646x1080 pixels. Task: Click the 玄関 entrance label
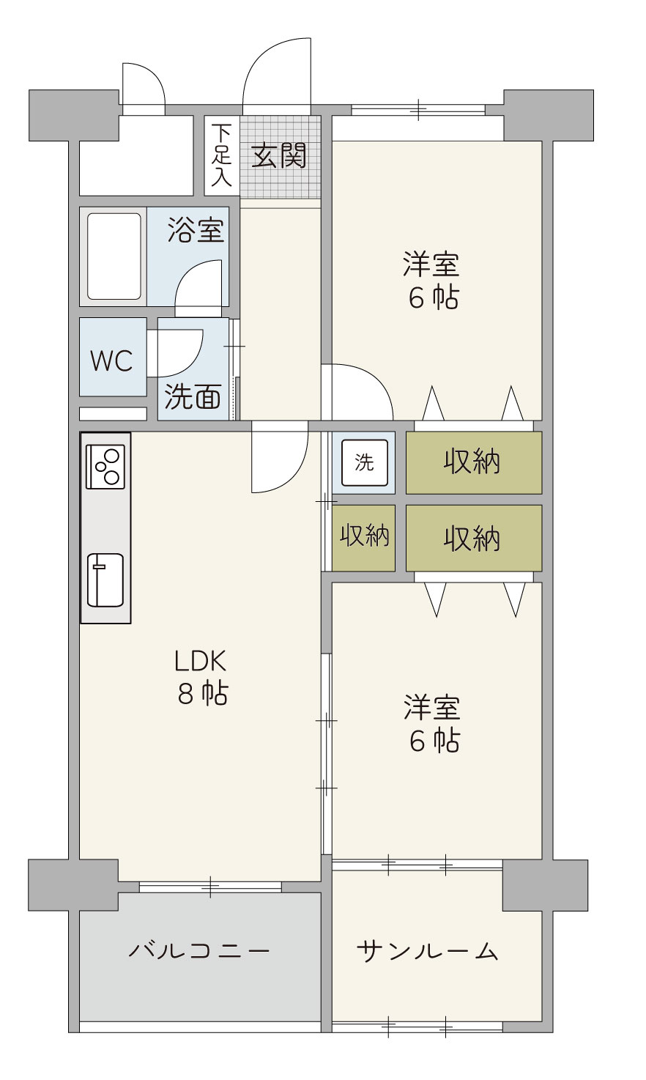pyautogui.click(x=278, y=156)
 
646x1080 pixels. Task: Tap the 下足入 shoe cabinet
pyautogui.click(x=222, y=156)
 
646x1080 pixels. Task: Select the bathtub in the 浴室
pyautogui.click(x=114, y=256)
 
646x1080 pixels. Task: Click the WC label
pyautogui.click(x=112, y=360)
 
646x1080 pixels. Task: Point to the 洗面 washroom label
pyautogui.click(x=193, y=396)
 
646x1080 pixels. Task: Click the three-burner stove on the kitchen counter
pyautogui.click(x=105, y=466)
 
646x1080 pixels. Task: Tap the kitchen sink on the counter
pyautogui.click(x=105, y=580)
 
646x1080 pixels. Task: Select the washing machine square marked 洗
pyautogui.click(x=364, y=462)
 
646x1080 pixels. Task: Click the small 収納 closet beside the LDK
pyautogui.click(x=363, y=538)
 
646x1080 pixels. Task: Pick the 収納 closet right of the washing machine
pyautogui.click(x=474, y=462)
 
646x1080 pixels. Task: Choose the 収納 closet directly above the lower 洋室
pyautogui.click(x=474, y=538)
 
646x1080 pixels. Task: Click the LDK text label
pyautogui.click(x=200, y=661)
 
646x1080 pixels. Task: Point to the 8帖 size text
pyautogui.click(x=203, y=694)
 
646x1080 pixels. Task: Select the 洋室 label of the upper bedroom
pyautogui.click(x=431, y=264)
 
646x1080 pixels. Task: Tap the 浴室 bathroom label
pyautogui.click(x=196, y=230)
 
